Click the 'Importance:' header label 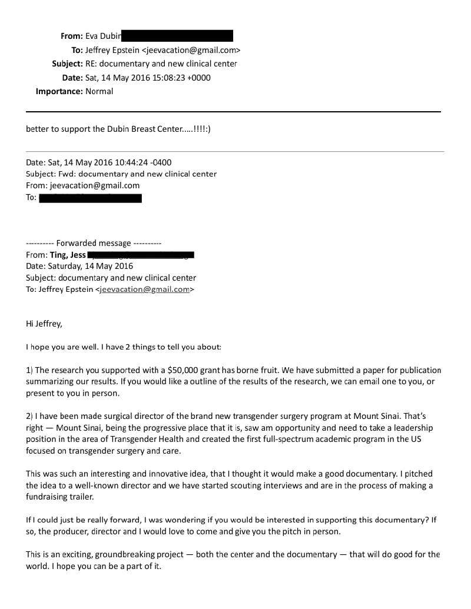59,91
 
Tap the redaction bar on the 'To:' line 90,198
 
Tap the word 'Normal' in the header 99,91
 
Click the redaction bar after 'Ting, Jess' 141,255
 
